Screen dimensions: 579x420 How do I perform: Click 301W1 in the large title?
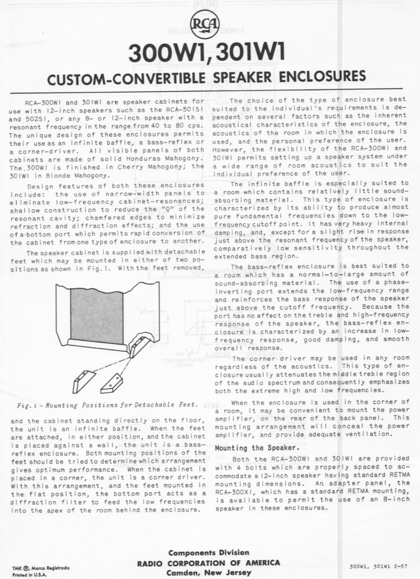point(250,54)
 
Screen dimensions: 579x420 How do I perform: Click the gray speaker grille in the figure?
point(97,316)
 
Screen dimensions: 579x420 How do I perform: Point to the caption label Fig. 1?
point(21,405)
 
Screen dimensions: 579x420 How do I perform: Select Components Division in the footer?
point(208,552)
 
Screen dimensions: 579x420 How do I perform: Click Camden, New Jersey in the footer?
point(208,573)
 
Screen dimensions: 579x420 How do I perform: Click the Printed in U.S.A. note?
point(26,574)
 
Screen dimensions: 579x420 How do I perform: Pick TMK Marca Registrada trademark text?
point(35,568)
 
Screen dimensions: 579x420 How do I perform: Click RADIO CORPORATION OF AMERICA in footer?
point(208,562)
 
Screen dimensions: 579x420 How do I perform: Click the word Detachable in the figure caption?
point(158,405)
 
